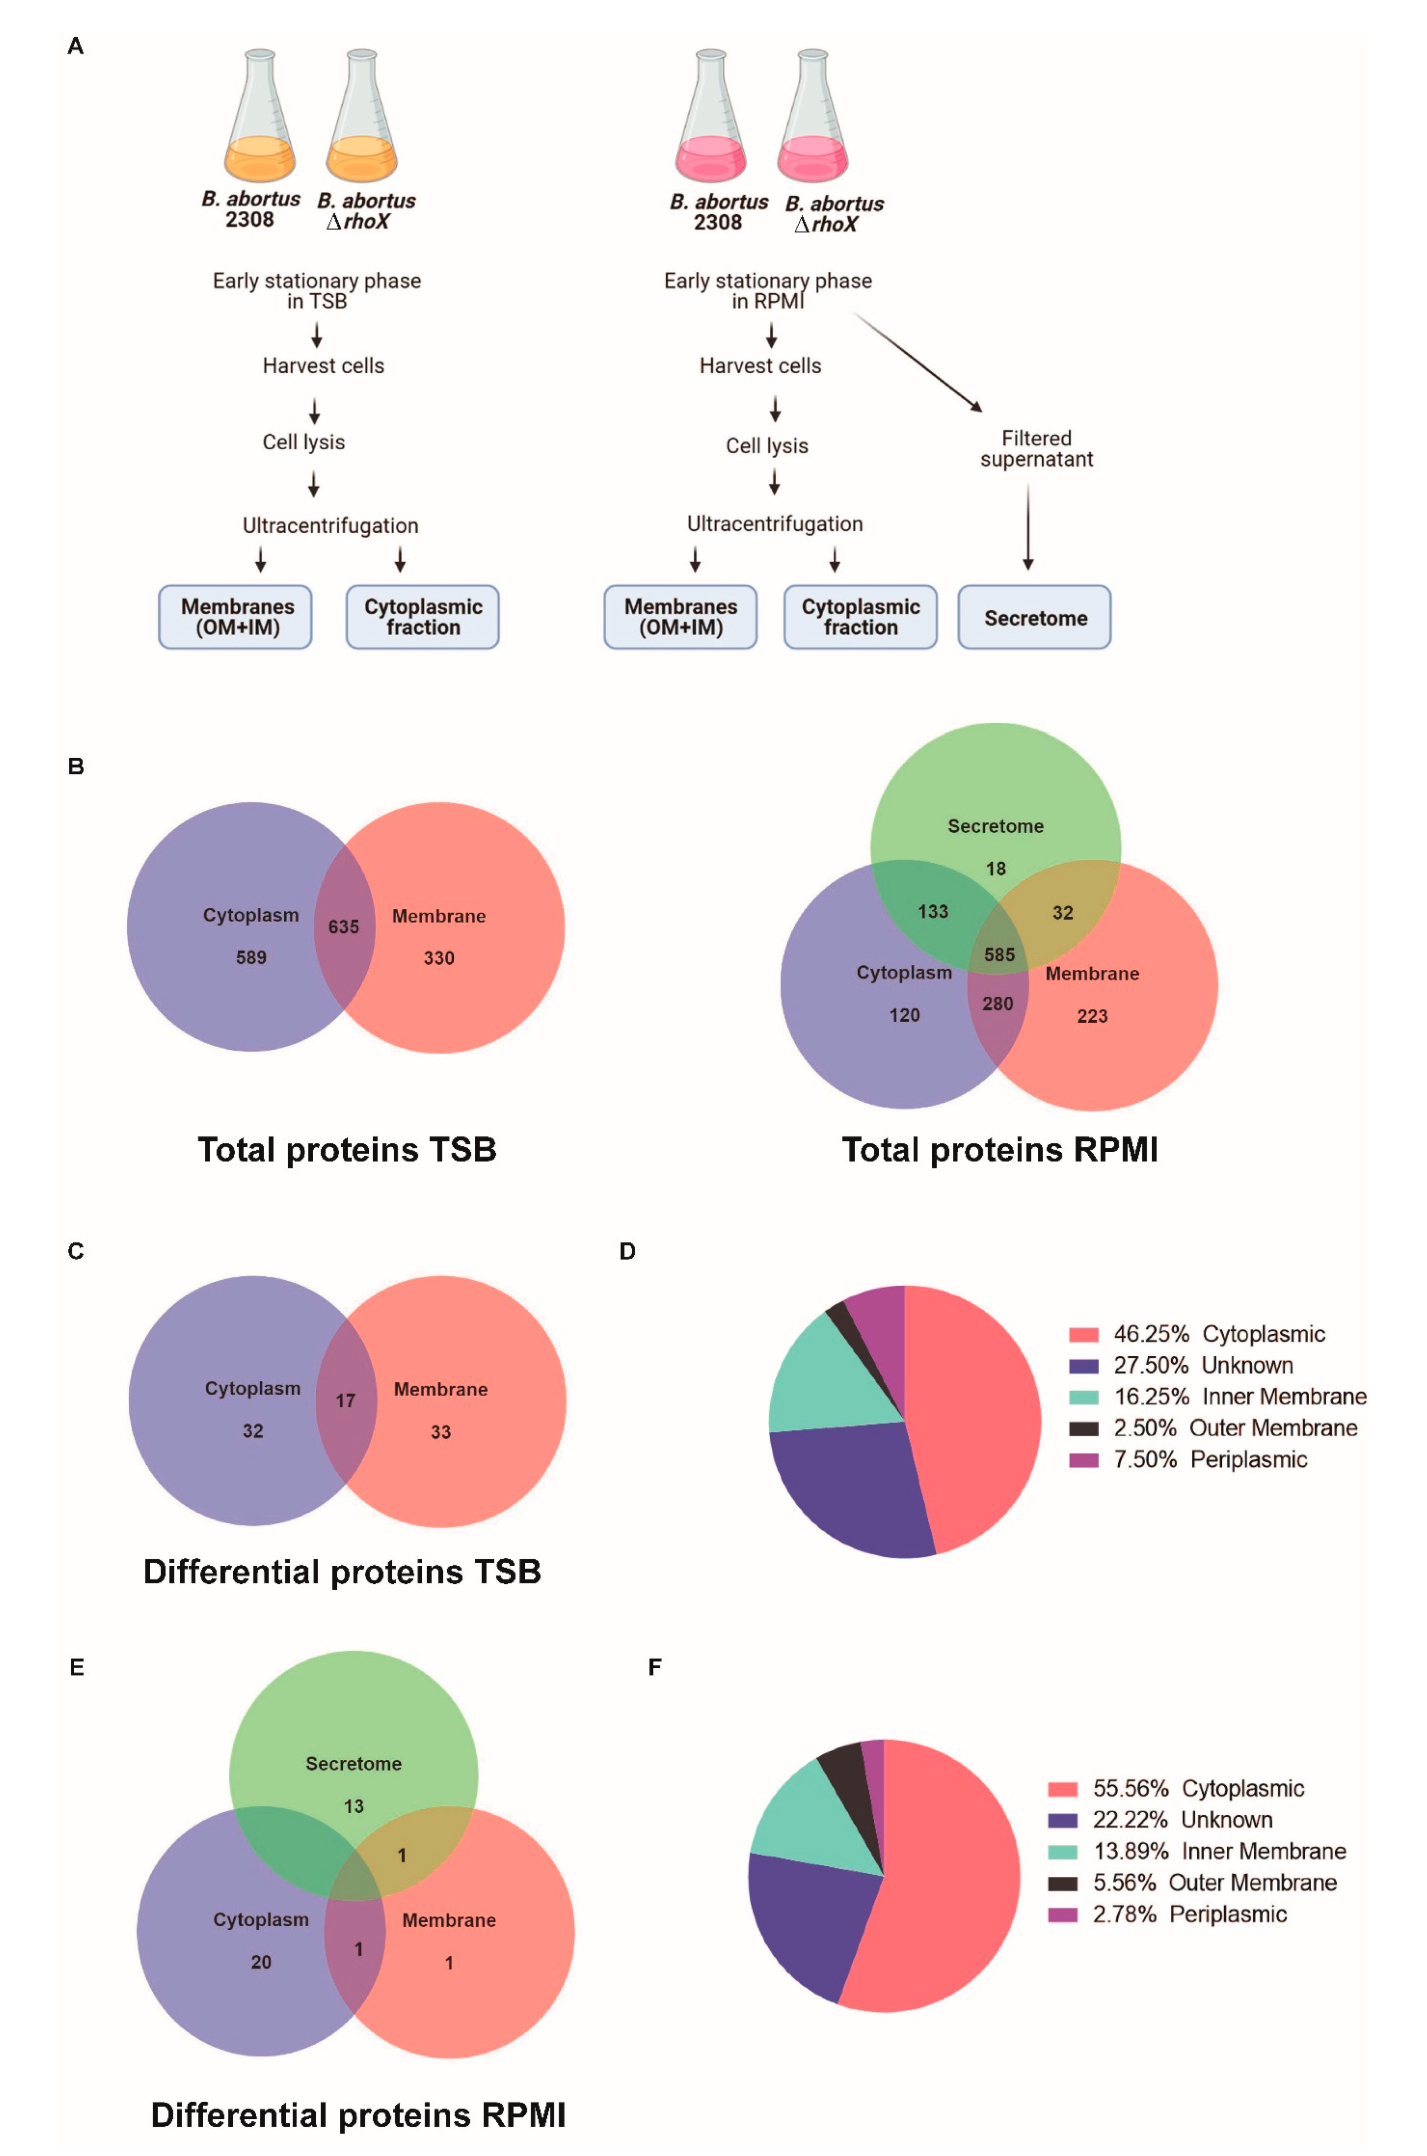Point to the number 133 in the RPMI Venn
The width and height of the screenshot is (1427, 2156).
point(933,911)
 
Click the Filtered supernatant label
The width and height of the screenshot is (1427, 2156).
point(1036,449)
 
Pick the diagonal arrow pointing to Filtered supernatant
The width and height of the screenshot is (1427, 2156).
point(917,361)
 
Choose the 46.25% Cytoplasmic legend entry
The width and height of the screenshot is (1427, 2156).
point(1197,1334)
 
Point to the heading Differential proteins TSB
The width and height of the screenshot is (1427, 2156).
point(342,1572)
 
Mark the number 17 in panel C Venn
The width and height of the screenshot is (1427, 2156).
point(345,1401)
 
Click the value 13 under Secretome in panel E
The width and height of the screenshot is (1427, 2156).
point(353,1806)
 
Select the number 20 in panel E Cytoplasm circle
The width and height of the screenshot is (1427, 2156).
point(261,1962)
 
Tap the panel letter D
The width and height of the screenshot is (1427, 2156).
point(627,1251)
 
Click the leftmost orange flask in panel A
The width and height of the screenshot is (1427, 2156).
point(260,118)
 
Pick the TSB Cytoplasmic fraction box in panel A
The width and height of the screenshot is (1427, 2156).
point(422,617)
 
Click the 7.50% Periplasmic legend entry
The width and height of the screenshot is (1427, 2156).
point(1188,1460)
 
